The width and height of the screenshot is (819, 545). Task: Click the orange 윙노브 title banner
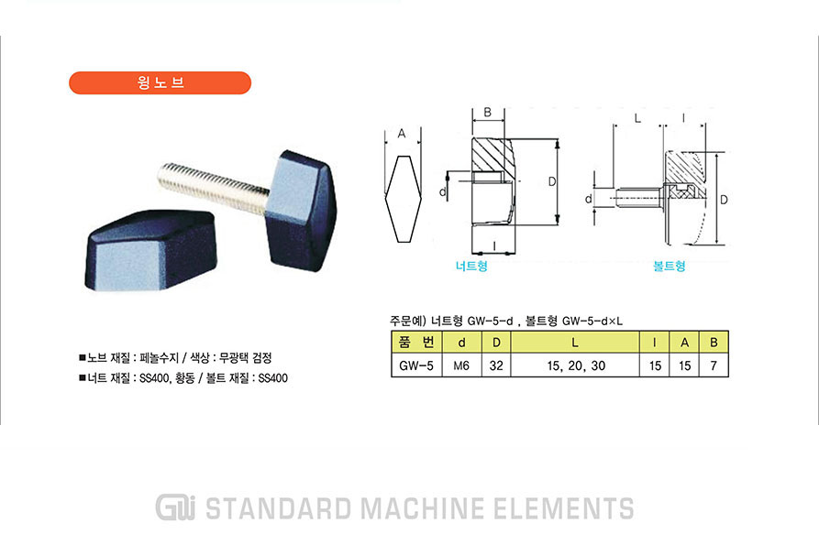click(160, 83)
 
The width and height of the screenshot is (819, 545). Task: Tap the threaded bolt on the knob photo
click(215, 188)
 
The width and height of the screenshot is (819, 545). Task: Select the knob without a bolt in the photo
click(150, 250)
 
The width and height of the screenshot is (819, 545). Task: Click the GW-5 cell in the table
click(416, 365)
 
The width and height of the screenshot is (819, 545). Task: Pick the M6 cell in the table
click(461, 365)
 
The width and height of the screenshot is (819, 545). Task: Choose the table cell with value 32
click(496, 365)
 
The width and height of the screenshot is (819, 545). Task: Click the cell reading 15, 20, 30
click(576, 365)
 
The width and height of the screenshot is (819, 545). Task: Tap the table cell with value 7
click(714, 365)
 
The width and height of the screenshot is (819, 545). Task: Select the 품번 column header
click(416, 343)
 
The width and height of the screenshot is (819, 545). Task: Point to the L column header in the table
click(575, 343)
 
